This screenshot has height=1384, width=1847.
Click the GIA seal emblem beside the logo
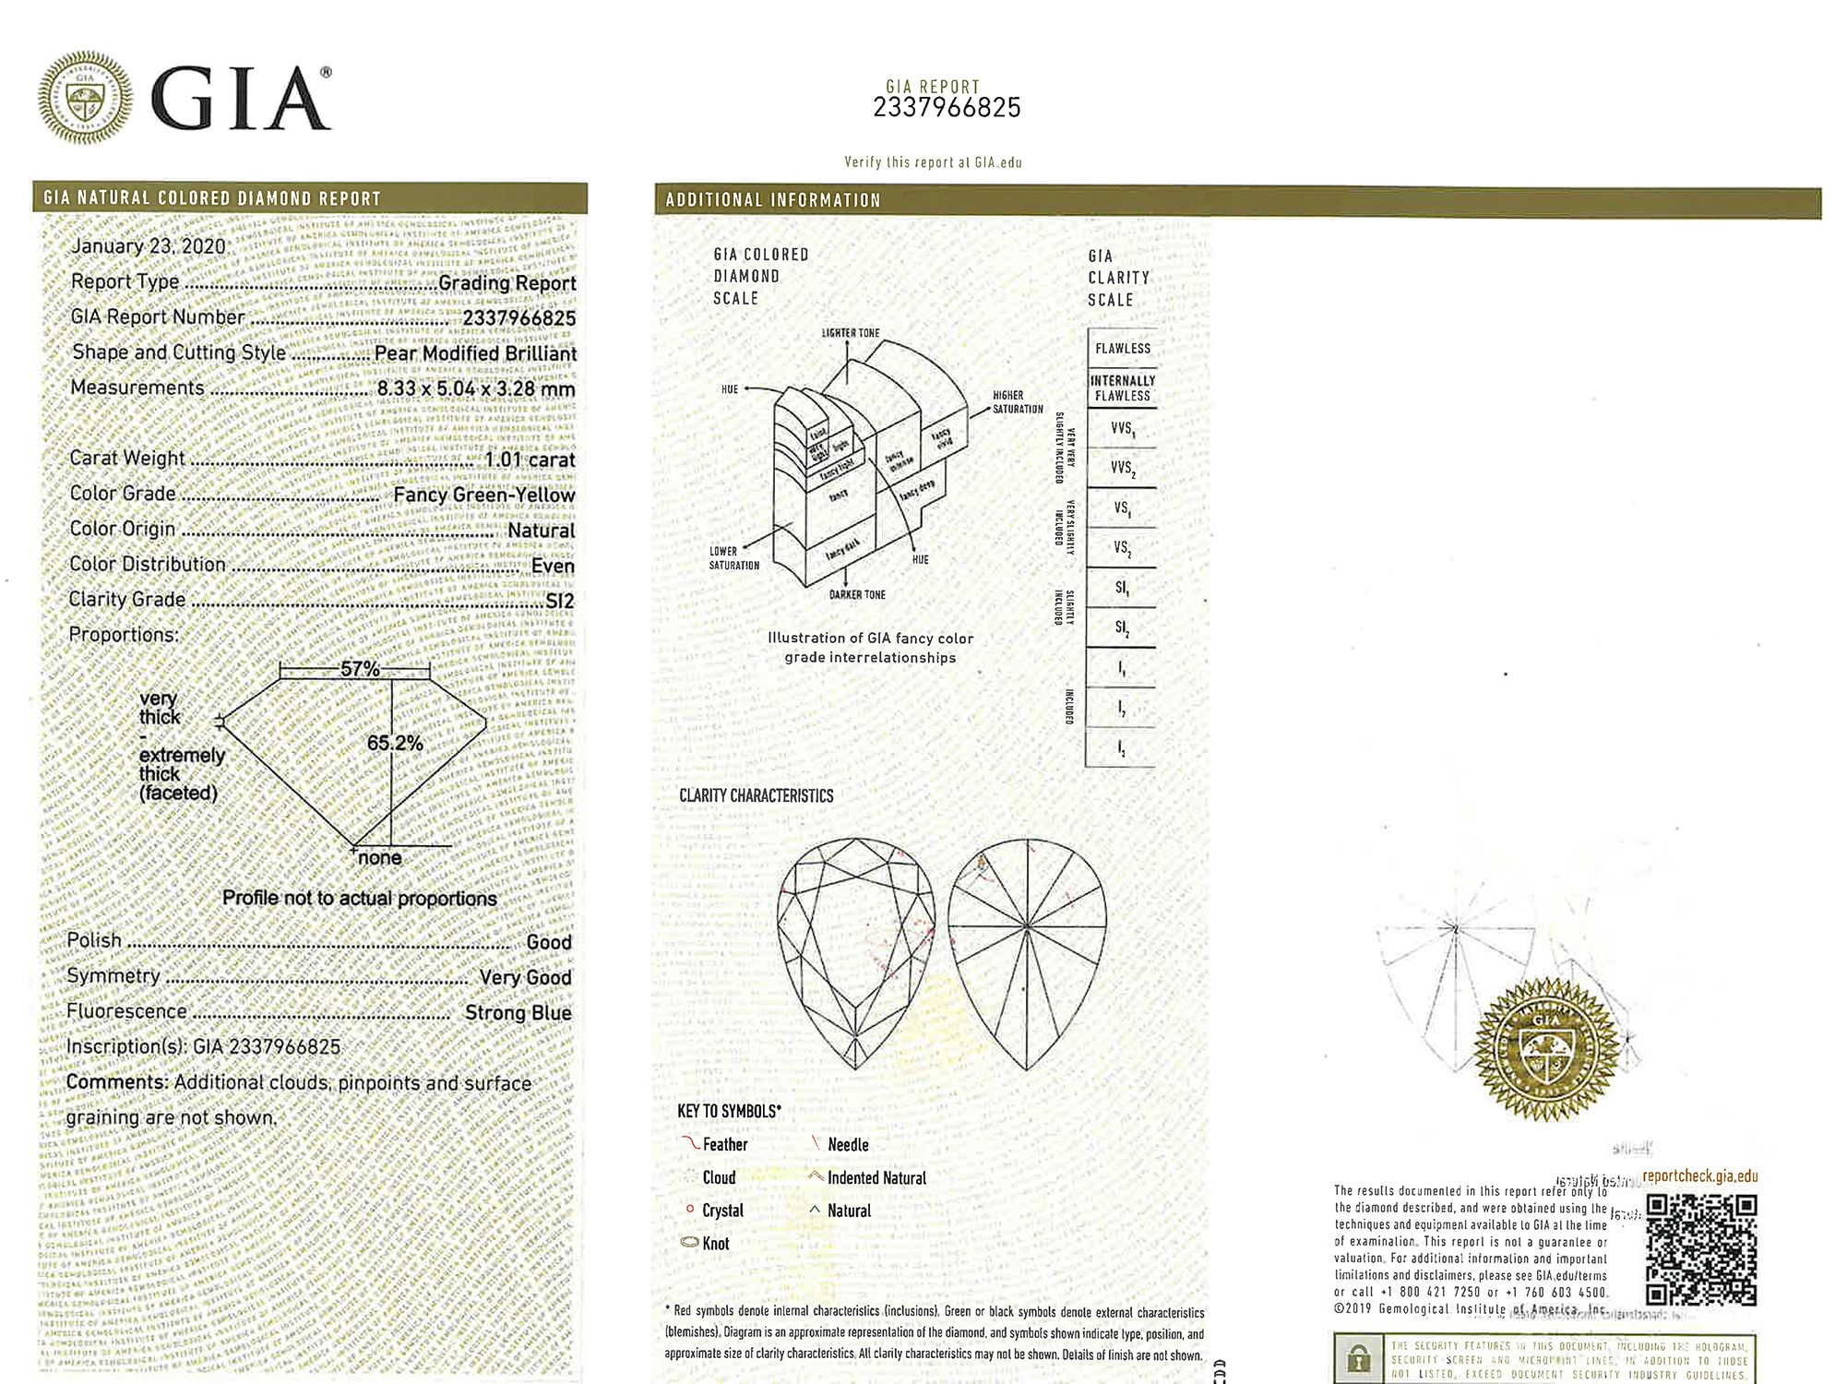click(x=85, y=98)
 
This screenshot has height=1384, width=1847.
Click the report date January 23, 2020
click(x=149, y=246)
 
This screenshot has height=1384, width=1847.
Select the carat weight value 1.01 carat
click(x=530, y=459)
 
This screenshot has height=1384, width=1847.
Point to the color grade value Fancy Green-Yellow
click(x=483, y=495)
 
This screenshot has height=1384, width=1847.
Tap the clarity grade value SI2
click(x=559, y=602)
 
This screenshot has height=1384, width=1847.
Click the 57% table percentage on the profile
click(x=360, y=669)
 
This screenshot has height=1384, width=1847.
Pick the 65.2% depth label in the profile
click(x=395, y=744)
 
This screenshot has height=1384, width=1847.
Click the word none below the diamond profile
click(x=379, y=858)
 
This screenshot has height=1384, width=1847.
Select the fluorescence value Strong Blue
click(x=518, y=1013)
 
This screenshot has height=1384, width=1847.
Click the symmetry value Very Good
click(x=525, y=978)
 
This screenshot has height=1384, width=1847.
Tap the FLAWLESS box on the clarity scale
click(x=1122, y=349)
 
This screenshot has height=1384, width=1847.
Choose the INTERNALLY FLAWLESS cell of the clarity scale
click(x=1122, y=388)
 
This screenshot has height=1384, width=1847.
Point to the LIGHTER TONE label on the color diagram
click(x=851, y=333)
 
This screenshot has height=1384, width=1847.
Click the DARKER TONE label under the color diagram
click(x=857, y=595)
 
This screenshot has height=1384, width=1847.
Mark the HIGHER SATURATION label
click(x=1018, y=402)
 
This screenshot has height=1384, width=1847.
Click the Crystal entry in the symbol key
click(x=721, y=1211)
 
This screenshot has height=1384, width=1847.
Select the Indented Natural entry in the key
click(x=876, y=1178)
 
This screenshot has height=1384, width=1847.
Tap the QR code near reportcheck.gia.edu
click(x=1701, y=1250)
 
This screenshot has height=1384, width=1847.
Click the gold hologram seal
click(x=1545, y=1050)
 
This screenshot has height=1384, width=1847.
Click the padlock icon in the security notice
click(x=1357, y=1359)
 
